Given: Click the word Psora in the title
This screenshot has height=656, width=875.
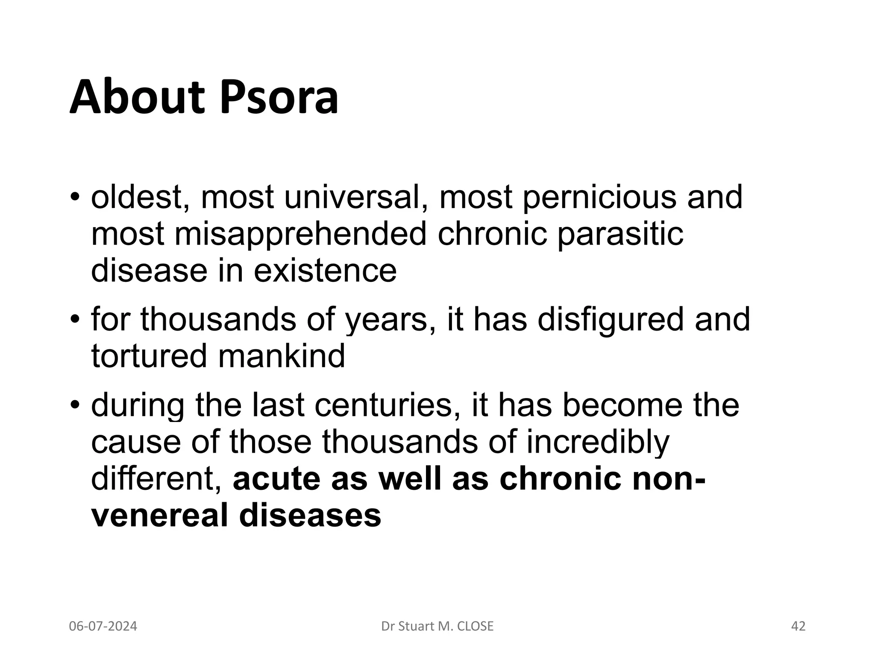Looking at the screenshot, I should point(279,99).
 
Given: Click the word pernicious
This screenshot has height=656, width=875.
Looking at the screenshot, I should point(599,197).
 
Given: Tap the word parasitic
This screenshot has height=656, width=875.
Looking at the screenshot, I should point(620,234).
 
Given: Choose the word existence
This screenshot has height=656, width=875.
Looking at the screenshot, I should point(325,271).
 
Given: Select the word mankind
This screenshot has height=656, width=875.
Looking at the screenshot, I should point(282,356).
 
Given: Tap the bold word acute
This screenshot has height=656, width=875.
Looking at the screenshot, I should point(276,478).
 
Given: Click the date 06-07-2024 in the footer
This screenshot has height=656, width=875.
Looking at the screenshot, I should point(103,626).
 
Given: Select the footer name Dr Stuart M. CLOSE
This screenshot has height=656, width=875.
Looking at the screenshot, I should point(437,626).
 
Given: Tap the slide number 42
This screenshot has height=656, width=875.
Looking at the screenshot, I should point(798,626).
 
